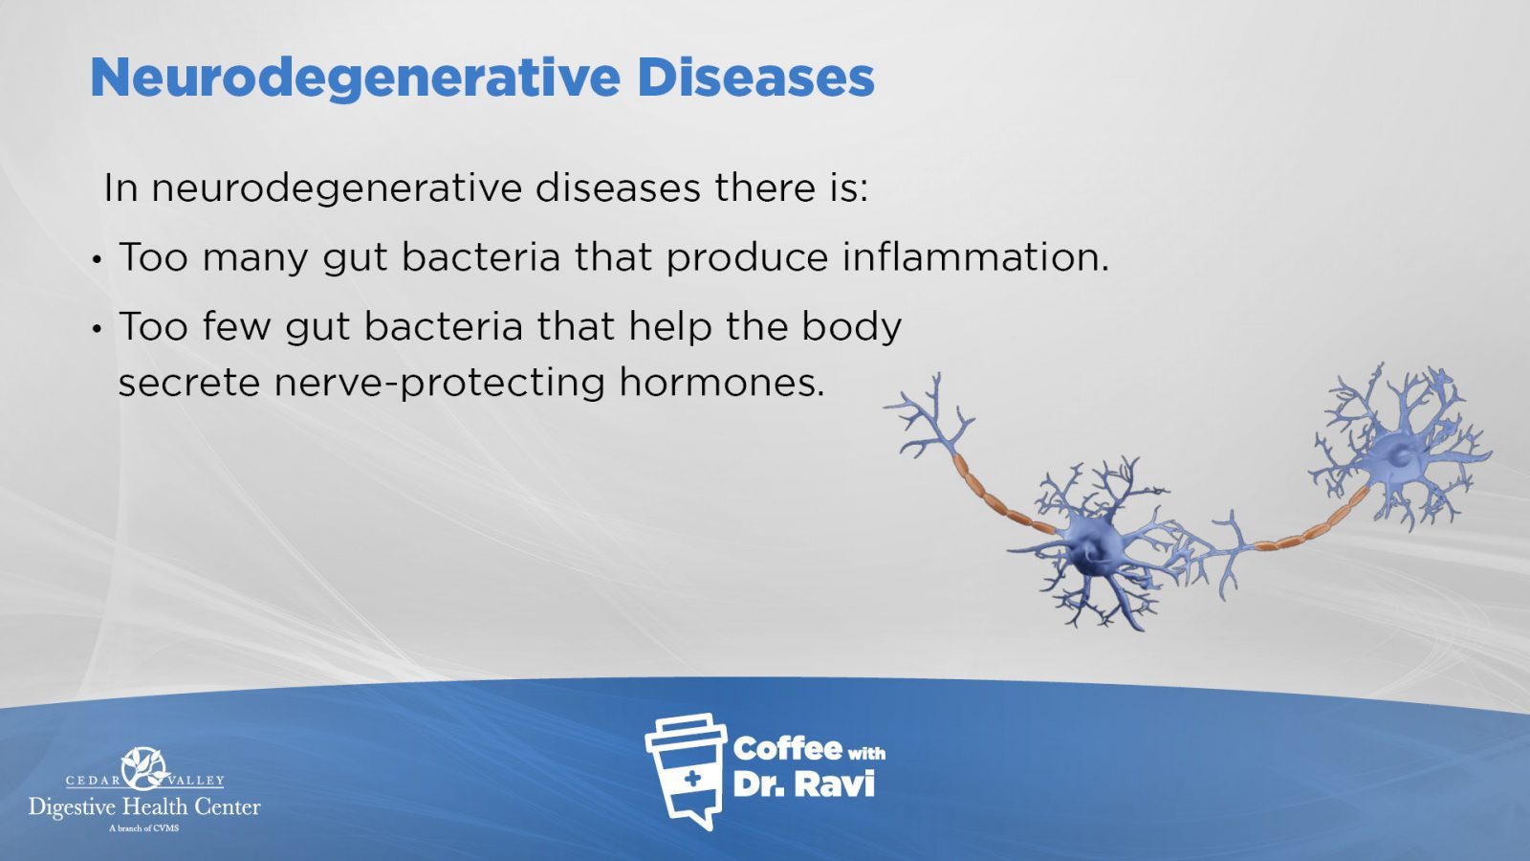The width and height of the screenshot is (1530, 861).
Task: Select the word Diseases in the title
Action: (755, 77)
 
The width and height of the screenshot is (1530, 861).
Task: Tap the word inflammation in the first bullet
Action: (975, 257)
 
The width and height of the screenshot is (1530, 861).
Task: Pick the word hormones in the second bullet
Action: (722, 382)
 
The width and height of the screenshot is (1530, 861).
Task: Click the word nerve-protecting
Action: (439, 384)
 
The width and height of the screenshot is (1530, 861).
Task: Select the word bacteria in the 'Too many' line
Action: (480, 257)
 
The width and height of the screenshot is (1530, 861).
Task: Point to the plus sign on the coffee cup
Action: (692, 778)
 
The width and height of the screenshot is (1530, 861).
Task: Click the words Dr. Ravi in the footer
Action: (803, 784)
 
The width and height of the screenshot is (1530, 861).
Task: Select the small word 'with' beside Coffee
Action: (866, 754)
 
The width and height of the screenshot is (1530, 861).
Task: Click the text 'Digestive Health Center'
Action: (144, 807)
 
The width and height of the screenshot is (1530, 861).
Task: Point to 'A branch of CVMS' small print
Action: (144, 828)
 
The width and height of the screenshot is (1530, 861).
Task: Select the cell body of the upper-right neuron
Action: (1399, 453)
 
